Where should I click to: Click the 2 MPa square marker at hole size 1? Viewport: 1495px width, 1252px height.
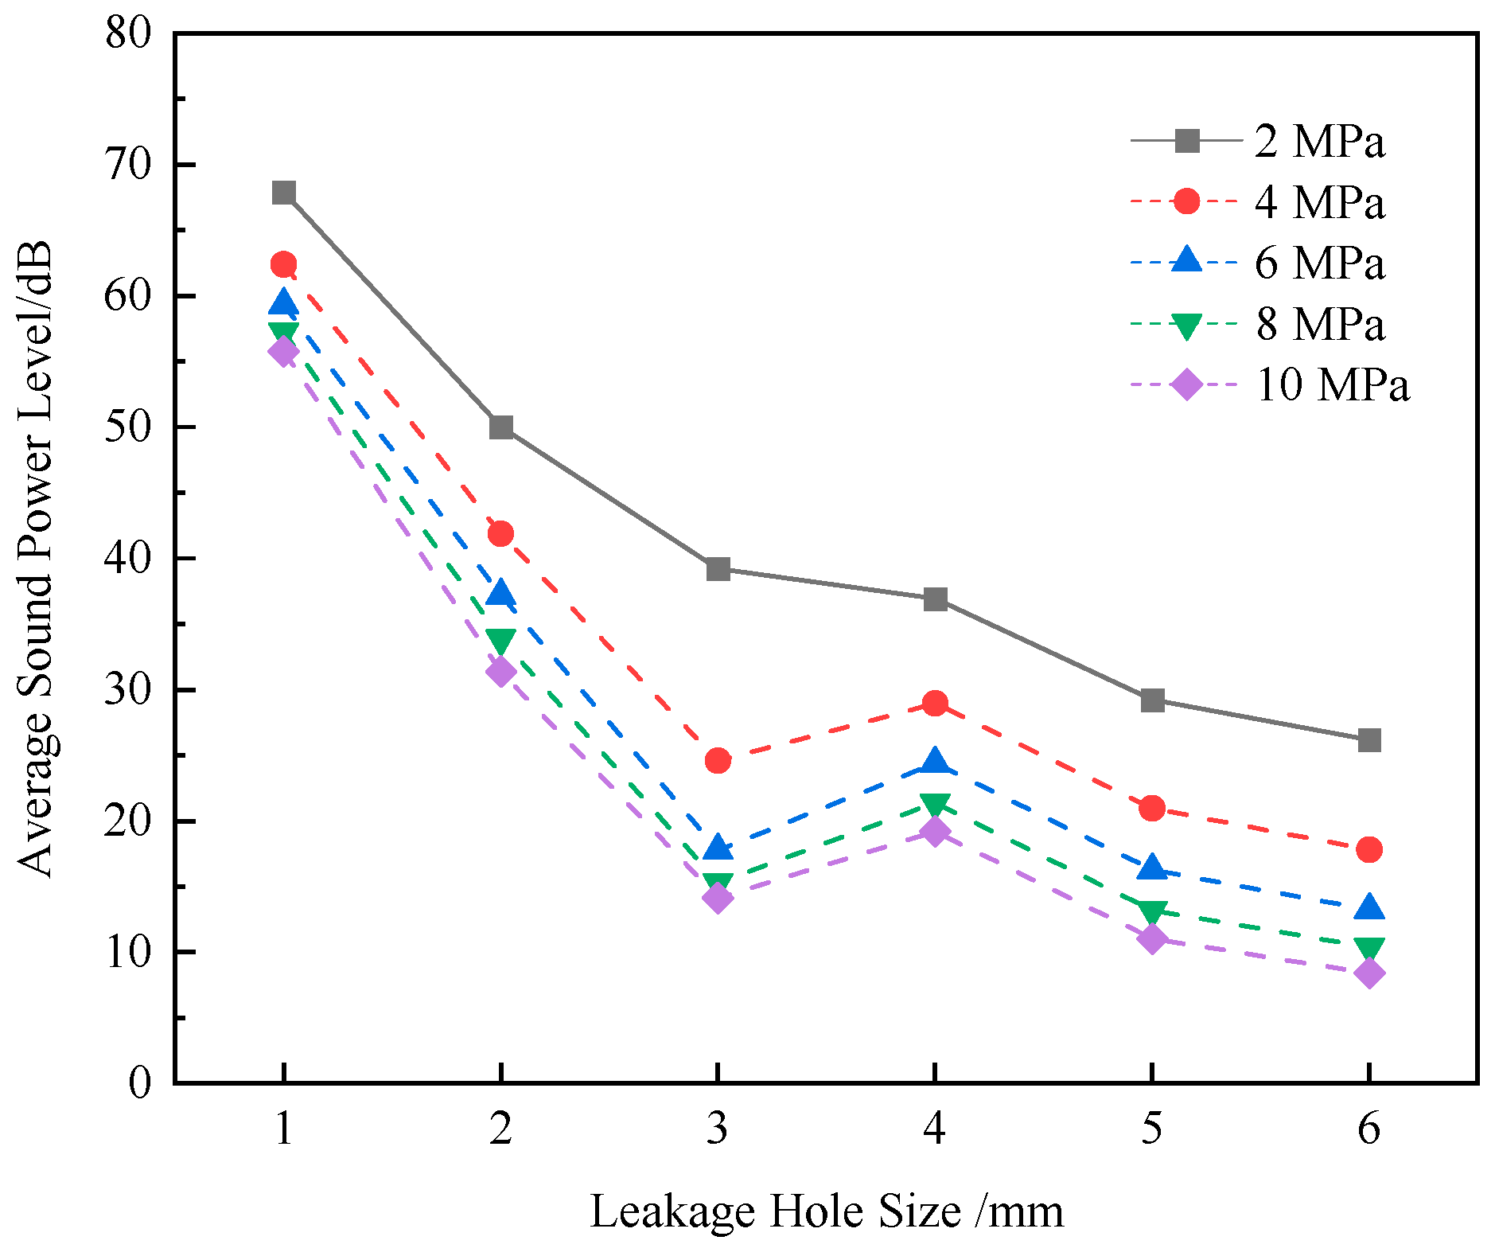tap(284, 193)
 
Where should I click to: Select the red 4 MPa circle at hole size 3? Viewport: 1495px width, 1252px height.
tap(718, 761)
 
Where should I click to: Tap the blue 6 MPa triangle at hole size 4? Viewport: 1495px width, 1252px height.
tap(935, 761)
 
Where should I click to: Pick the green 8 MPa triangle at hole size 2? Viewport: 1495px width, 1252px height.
tap(500, 642)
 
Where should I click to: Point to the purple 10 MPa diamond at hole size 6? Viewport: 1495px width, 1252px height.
tap(1368, 973)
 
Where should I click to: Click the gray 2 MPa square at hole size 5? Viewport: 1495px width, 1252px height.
tap(1152, 700)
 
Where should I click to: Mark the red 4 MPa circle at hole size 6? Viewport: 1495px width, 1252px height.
tap(1368, 849)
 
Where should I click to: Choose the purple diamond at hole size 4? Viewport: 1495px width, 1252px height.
tap(935, 833)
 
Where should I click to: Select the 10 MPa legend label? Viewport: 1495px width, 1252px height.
tap(1332, 385)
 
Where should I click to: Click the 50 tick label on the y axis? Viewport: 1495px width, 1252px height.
tap(128, 427)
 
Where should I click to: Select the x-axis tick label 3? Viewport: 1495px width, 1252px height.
tap(718, 1128)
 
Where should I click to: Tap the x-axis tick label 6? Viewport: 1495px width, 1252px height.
tap(1368, 1128)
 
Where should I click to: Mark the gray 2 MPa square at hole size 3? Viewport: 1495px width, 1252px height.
tap(718, 569)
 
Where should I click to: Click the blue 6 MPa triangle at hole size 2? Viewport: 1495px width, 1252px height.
tap(500, 594)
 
